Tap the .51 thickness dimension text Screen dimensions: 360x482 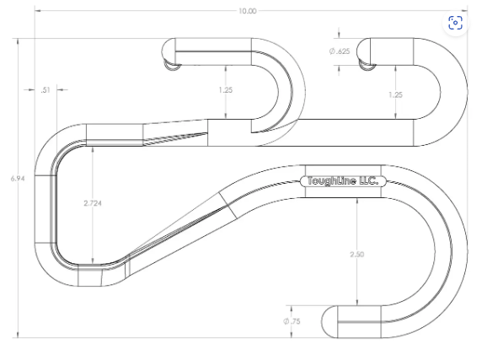click(45, 88)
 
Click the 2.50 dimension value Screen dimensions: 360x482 click(356, 253)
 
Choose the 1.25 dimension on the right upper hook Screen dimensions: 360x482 click(395, 94)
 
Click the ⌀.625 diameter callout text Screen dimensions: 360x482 click(339, 51)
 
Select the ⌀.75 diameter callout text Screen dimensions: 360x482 click(293, 321)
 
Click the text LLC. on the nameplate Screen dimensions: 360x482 click(369, 181)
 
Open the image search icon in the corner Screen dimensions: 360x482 click(456, 22)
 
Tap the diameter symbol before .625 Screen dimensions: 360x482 click(331, 51)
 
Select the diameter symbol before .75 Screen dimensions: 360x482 click(287, 321)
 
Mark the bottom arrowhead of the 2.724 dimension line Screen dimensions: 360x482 click(90, 261)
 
